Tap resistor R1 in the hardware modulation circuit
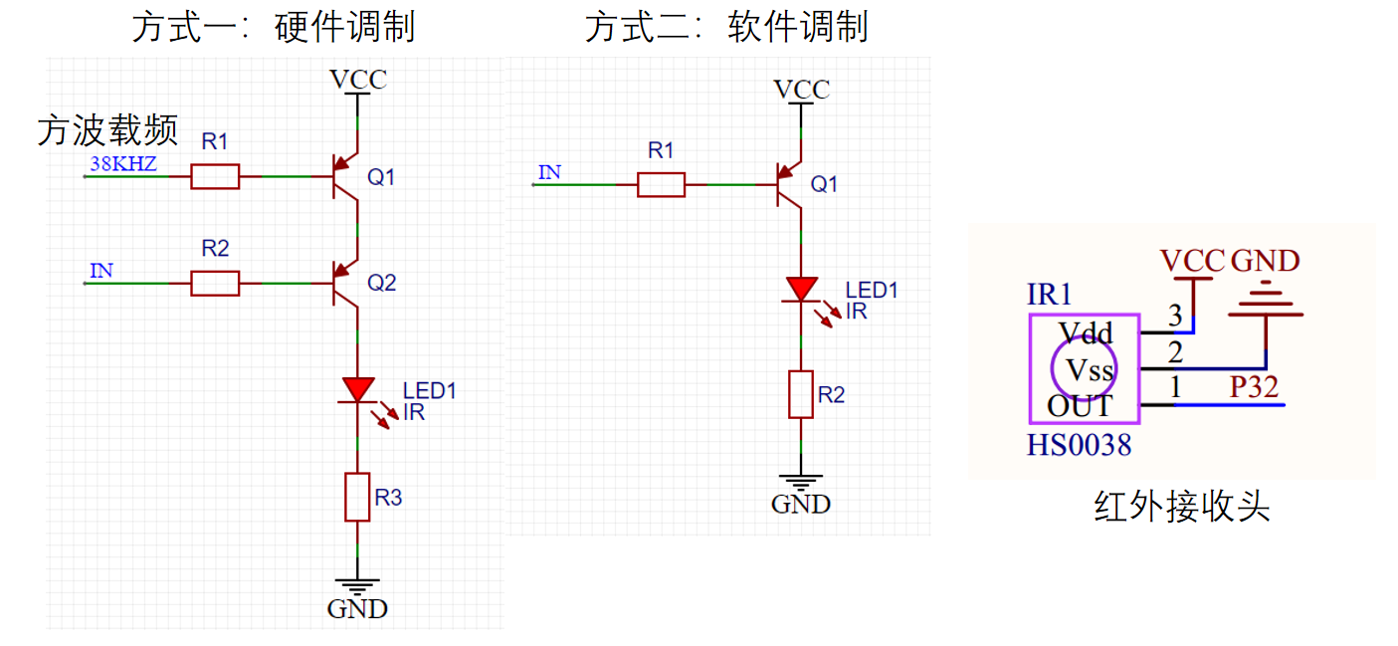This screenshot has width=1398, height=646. (215, 176)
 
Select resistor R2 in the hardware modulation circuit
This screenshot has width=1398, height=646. (215, 284)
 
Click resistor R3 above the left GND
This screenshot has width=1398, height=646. (357, 497)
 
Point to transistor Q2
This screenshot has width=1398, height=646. (344, 284)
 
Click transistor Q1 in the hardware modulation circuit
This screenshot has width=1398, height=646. (344, 176)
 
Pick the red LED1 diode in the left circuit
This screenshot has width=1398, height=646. (357, 389)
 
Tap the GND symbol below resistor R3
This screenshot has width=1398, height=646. (357, 587)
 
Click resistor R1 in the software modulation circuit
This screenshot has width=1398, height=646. (661, 184)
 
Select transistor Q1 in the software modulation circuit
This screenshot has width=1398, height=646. (789, 184)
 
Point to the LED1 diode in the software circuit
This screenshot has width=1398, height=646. (801, 290)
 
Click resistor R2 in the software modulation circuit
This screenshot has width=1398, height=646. (801, 394)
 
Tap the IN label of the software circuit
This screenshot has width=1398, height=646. (549, 172)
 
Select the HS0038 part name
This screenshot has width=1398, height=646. (1080, 445)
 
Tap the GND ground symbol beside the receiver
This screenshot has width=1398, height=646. (1266, 305)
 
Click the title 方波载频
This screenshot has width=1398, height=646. (107, 129)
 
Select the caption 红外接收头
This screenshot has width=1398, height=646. (1182, 507)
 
